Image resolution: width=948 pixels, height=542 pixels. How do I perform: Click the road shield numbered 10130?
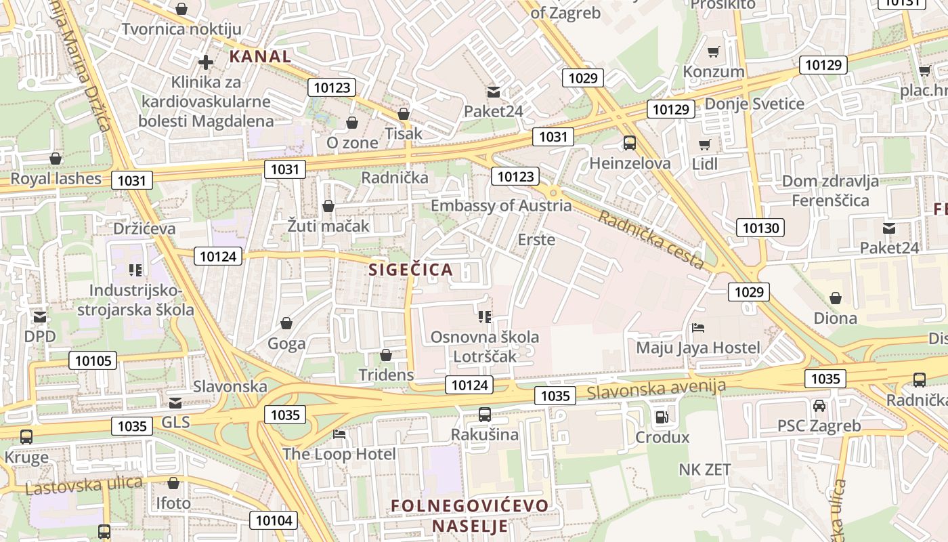click(760, 228)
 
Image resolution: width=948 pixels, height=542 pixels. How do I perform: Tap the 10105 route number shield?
click(93, 360)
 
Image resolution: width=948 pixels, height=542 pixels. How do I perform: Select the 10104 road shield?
click(274, 520)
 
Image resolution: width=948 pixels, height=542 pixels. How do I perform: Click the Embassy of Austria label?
click(501, 205)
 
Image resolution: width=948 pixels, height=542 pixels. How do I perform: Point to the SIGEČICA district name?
click(410, 270)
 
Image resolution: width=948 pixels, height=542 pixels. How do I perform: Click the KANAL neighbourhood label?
click(260, 56)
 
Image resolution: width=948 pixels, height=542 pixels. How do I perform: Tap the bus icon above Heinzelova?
click(630, 143)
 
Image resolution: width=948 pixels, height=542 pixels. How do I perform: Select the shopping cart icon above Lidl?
click(705, 144)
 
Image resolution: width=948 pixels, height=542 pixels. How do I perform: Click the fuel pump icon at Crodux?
click(662, 417)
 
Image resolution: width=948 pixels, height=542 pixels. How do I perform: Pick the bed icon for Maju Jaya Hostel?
click(698, 329)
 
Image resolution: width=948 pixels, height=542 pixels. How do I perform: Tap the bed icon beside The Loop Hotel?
click(339, 434)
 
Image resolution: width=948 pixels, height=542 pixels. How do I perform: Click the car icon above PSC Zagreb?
click(819, 406)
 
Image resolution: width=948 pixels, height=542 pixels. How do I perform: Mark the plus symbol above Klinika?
click(206, 62)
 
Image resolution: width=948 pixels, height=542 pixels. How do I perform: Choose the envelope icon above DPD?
click(40, 316)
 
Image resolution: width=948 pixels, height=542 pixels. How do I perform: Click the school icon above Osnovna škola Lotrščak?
click(484, 316)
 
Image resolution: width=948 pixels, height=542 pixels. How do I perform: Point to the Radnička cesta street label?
click(651, 239)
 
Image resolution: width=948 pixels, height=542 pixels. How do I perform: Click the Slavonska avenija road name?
click(656, 389)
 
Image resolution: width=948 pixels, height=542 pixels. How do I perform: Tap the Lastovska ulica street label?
click(84, 485)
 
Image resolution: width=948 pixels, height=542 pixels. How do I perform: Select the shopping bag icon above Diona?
click(836, 298)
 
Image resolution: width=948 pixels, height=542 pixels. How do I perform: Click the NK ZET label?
click(705, 469)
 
